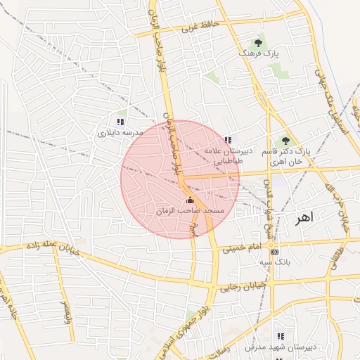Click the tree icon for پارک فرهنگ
coord(259,42)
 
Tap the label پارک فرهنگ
coord(259,53)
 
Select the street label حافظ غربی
coord(201,27)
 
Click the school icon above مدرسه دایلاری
coord(120,122)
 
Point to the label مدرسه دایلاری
coord(120,132)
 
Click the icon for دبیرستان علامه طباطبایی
coord(227,140)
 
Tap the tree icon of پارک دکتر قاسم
coord(285,141)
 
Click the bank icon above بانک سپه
coord(274,252)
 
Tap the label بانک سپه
coord(274,262)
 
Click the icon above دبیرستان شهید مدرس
coord(281,336)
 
